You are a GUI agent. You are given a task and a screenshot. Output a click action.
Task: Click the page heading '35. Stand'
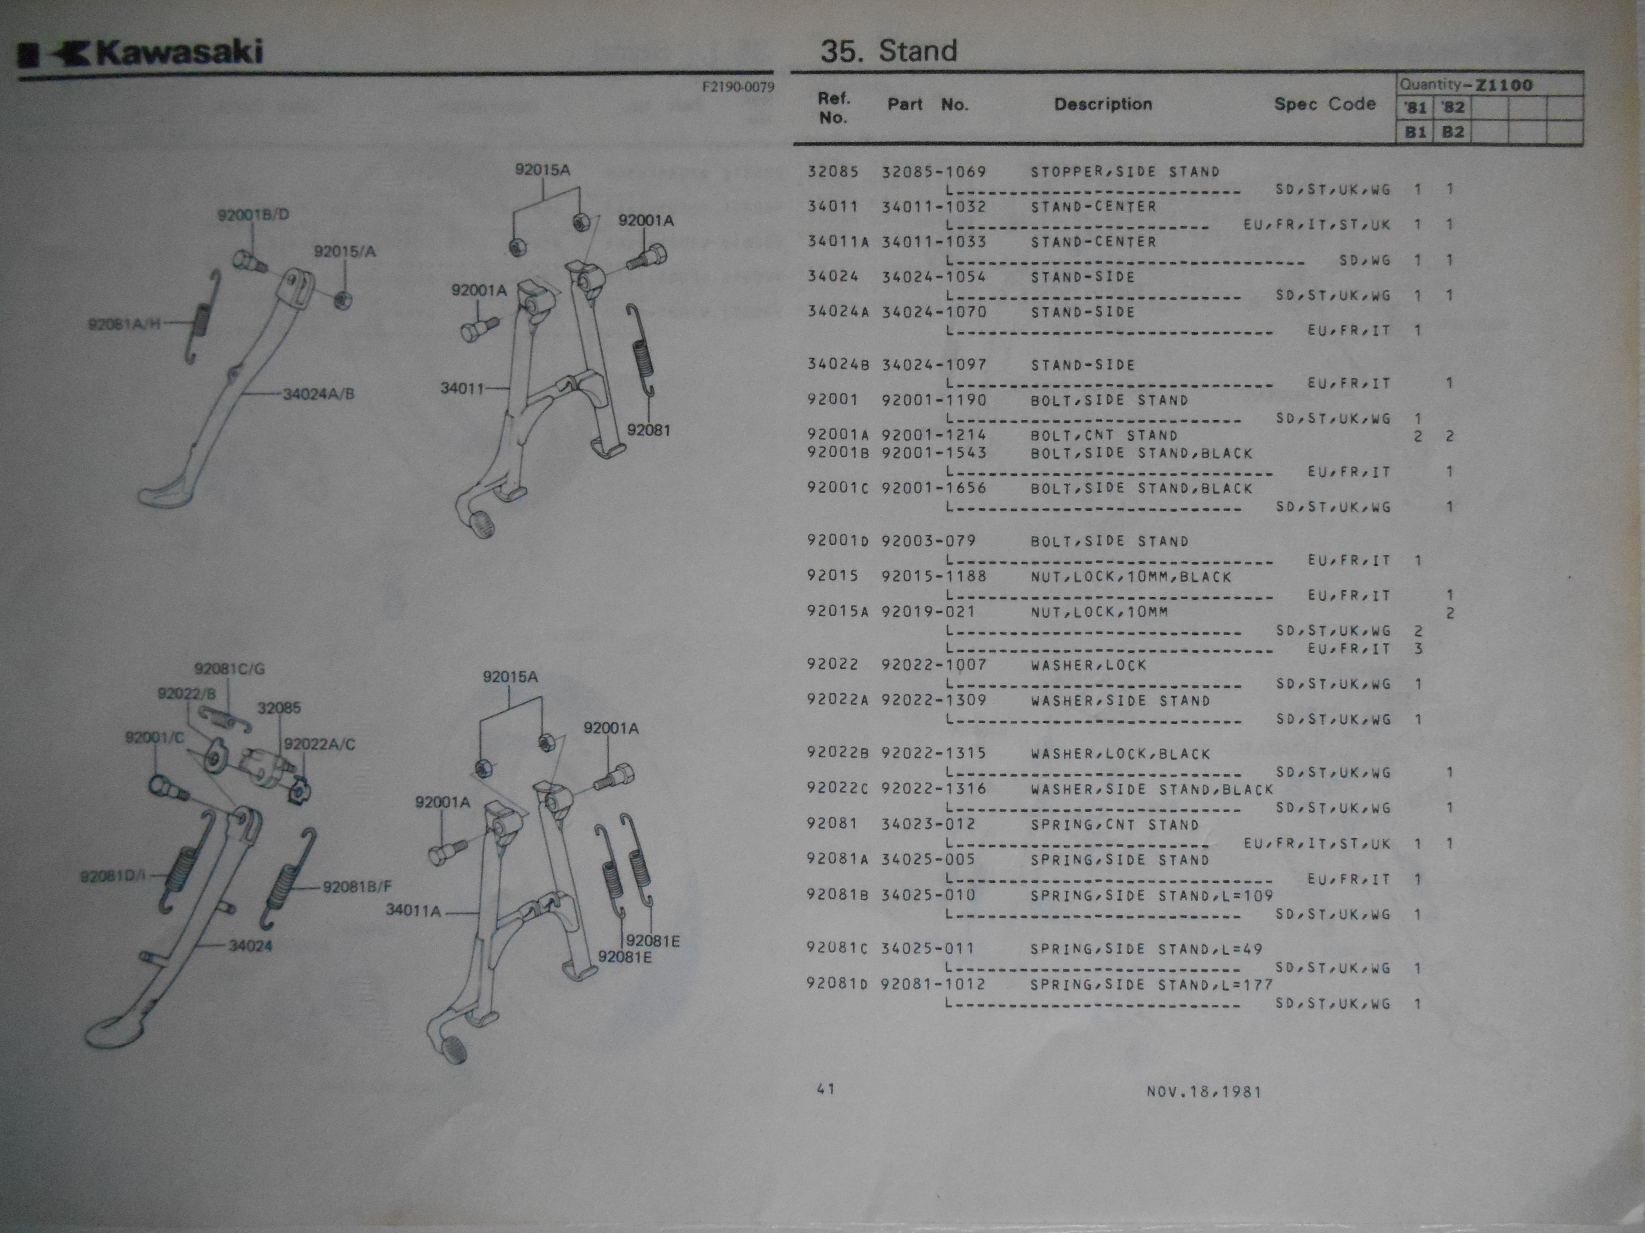(x=889, y=50)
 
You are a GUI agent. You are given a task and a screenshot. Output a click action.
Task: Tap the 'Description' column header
(x=1103, y=104)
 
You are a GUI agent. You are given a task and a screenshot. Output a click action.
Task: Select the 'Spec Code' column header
(x=1324, y=104)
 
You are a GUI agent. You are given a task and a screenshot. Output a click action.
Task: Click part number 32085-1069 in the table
(x=934, y=172)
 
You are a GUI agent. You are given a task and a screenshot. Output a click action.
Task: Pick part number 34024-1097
(x=934, y=365)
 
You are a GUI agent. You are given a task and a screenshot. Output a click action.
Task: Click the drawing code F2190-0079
(x=738, y=87)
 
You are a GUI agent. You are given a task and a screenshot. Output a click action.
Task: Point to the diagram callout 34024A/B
(x=318, y=394)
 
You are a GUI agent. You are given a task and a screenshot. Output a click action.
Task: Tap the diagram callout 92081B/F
(x=357, y=887)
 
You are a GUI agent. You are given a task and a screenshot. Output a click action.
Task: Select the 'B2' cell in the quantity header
(x=1452, y=132)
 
